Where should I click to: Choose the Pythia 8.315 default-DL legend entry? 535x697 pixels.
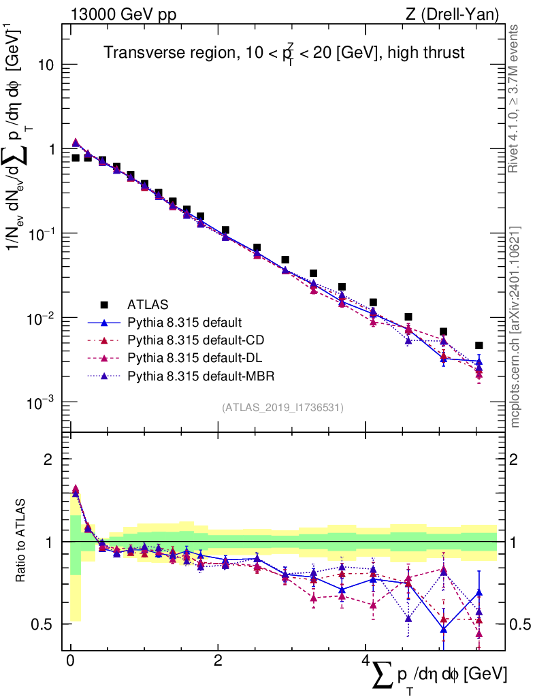[x=194, y=357]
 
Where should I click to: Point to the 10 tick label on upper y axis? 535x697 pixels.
[x=45, y=65]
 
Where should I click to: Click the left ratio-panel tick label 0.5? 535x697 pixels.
[x=45, y=624]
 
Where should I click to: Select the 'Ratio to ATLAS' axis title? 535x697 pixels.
[x=22, y=541]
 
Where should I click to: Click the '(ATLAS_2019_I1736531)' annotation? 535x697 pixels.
[x=282, y=408]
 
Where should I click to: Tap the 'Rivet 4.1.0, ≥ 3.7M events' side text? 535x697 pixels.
[x=515, y=99]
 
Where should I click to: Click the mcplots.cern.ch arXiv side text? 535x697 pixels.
[x=515, y=327]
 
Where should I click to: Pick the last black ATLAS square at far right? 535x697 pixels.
[x=479, y=346]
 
